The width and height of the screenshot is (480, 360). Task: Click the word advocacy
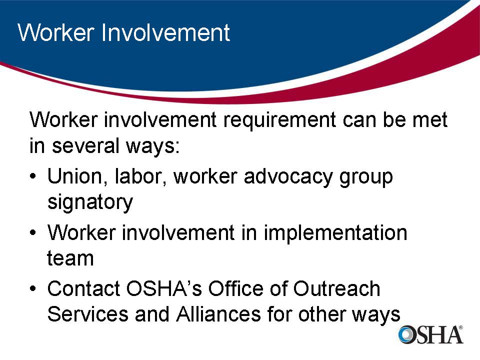click(287, 178)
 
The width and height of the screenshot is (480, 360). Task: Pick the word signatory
click(90, 202)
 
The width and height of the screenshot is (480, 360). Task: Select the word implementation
click(335, 233)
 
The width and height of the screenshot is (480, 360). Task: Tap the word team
click(70, 258)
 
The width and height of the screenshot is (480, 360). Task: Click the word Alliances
click(218, 314)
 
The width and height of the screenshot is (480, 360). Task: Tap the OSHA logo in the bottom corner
click(430, 334)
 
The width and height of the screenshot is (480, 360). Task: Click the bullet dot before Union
click(33, 178)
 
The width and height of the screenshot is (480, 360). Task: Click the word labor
click(141, 177)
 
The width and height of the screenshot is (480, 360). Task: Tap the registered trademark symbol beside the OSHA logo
click(460, 328)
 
